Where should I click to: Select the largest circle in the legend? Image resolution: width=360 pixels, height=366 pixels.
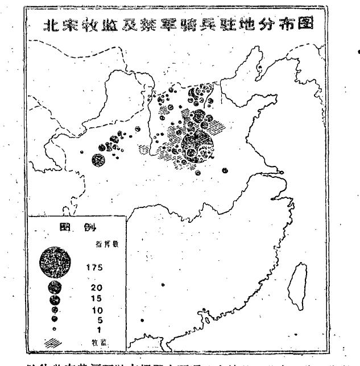click(x=56, y=263)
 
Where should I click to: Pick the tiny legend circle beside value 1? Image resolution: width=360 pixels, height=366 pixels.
click(x=55, y=328)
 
